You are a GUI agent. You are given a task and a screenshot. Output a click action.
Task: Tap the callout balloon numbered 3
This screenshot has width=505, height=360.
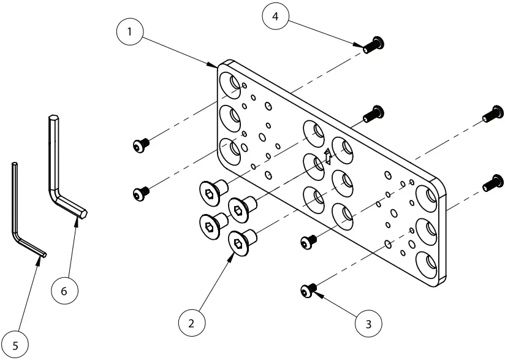[x=368, y=322]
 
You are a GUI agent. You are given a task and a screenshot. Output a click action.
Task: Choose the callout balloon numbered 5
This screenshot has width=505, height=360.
[x=15, y=345]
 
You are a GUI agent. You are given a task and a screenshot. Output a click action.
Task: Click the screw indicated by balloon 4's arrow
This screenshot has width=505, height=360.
[x=371, y=44]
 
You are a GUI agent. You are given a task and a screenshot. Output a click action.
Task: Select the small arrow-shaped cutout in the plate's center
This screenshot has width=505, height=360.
[x=328, y=157]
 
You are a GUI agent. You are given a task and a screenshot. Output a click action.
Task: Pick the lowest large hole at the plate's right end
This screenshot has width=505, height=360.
[x=427, y=264]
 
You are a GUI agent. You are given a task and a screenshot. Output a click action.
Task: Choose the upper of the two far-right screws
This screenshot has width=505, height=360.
[x=491, y=114]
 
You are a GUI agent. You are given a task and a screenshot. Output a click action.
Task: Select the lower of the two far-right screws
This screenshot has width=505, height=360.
[x=491, y=183]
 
